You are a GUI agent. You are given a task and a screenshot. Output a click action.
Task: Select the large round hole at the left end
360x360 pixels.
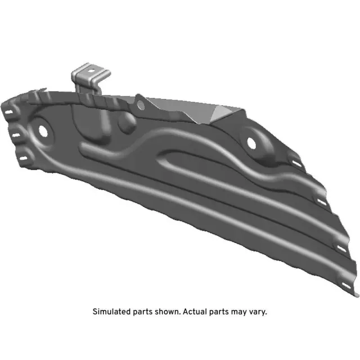click(43, 129)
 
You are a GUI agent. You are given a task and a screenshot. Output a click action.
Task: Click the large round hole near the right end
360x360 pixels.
click(251, 143)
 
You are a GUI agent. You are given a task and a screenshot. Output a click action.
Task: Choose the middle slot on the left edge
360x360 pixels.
click(16, 136)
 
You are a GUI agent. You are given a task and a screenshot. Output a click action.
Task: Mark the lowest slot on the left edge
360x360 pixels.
click(24, 159)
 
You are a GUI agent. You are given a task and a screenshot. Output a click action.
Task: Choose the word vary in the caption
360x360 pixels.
click(258, 312)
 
